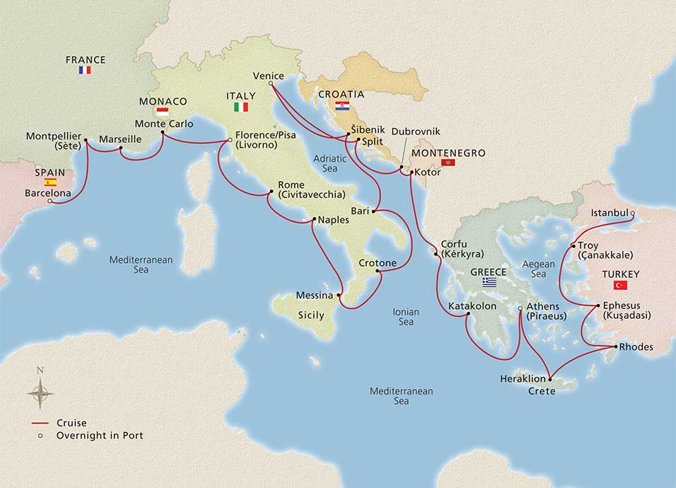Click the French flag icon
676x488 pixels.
[85, 70]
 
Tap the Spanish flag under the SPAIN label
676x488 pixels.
[50, 182]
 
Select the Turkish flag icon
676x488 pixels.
[621, 285]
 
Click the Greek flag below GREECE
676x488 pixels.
[489, 281]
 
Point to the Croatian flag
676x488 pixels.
[342, 105]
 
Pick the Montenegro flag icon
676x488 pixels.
[448, 163]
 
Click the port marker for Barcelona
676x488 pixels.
[49, 202]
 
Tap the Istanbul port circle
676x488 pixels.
[632, 213]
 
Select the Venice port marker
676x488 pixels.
[271, 84]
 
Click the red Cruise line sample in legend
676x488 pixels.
[40, 423]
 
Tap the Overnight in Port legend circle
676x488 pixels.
[41, 436]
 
